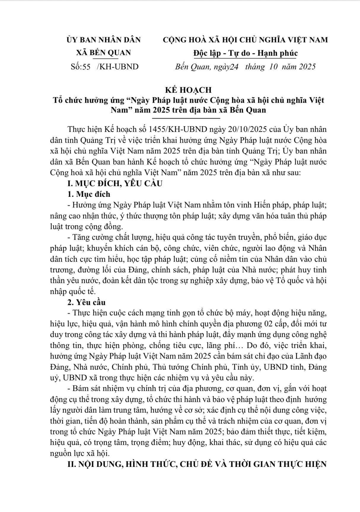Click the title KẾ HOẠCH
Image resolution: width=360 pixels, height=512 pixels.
[188, 90]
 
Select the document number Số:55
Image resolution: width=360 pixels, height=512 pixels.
[81, 66]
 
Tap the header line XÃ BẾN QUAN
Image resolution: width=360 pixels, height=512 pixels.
[103, 53]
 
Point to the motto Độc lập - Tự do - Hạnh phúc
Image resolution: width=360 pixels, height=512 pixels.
[245, 53]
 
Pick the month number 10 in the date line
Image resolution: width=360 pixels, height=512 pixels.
[273, 66]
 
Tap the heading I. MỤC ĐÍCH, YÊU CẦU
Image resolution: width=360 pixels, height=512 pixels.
[115, 184]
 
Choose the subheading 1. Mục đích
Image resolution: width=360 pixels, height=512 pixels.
[89, 194]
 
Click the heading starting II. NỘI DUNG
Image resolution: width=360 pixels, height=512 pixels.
[197, 464]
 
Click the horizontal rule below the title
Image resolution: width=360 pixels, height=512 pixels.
[188, 118]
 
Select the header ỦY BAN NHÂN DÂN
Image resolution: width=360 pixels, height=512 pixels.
[103, 40]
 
